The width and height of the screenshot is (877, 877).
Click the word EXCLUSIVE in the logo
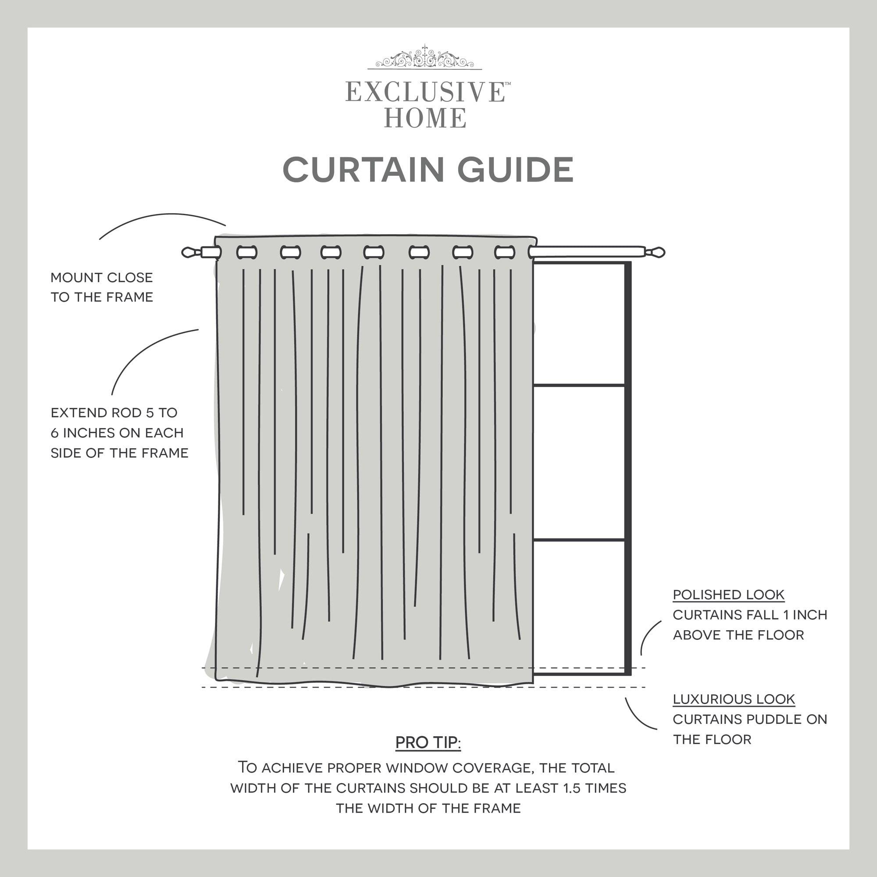[x=425, y=92]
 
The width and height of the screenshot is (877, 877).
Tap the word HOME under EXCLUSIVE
[x=425, y=118]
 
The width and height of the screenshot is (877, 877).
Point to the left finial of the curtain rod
[x=190, y=253]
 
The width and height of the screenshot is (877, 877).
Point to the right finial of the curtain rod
[x=656, y=252]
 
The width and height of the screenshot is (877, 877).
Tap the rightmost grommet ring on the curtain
[x=504, y=253]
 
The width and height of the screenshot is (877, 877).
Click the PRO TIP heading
[x=428, y=743]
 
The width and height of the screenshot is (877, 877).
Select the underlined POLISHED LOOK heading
[x=728, y=595]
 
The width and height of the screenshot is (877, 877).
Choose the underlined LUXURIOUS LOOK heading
[x=734, y=699]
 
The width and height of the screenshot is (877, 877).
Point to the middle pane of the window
[x=579, y=463]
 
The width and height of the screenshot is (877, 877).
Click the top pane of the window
[x=579, y=324]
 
